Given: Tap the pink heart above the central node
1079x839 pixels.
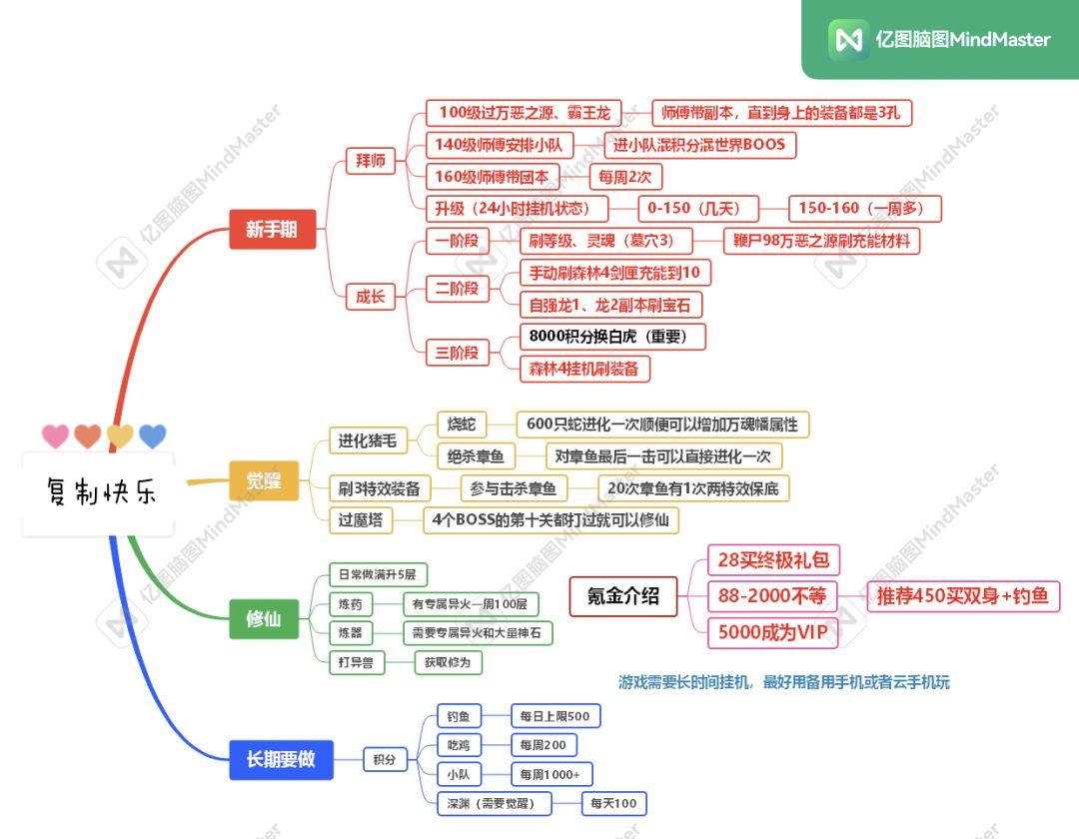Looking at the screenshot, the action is pyautogui.click(x=55, y=436).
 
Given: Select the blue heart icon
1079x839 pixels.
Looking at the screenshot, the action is pyautogui.click(x=152, y=436).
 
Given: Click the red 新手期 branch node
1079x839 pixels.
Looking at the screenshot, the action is pyautogui.click(x=273, y=229).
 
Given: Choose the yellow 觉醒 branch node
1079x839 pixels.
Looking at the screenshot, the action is pyautogui.click(x=264, y=480).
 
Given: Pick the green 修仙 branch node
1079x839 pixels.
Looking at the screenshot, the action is pyautogui.click(x=264, y=619).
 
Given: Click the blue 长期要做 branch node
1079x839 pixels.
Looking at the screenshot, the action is pyautogui.click(x=281, y=759).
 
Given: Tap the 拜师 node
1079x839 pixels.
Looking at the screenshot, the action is pyautogui.click(x=371, y=161).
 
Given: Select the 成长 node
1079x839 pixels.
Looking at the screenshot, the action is pyautogui.click(x=371, y=297).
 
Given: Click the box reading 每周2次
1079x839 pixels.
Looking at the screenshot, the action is pyautogui.click(x=625, y=177).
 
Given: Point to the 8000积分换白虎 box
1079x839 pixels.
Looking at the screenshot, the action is pyautogui.click(x=612, y=337).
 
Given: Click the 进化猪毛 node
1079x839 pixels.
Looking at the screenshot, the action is pyautogui.click(x=368, y=440).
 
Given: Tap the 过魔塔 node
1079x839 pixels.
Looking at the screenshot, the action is pyautogui.click(x=361, y=520).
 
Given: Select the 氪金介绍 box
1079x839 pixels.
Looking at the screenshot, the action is pyautogui.click(x=623, y=596).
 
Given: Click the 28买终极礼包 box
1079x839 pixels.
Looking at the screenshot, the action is pyautogui.click(x=773, y=559).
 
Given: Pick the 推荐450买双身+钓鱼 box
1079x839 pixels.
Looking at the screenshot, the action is pyautogui.click(x=963, y=595).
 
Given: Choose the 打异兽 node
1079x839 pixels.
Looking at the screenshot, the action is pyautogui.click(x=356, y=662).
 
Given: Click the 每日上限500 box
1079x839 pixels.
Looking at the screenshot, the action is pyautogui.click(x=555, y=716).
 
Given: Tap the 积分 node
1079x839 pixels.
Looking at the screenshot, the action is pyautogui.click(x=385, y=759).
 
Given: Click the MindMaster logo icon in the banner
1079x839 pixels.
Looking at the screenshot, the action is pyautogui.click(x=848, y=39).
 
